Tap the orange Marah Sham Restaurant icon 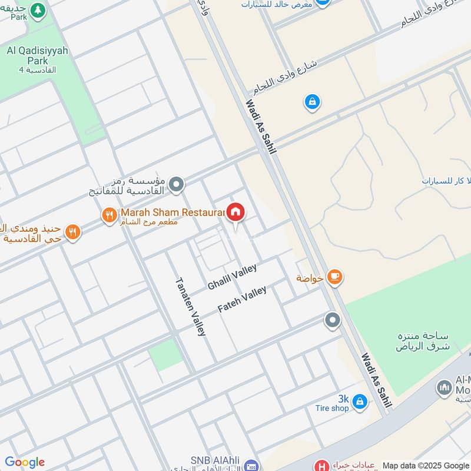(x=109, y=215)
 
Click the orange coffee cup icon (x=334, y=276)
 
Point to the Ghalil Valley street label (x=232, y=277)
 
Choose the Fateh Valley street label (x=242, y=298)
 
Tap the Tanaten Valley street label (x=190, y=306)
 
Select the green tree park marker (x=38, y=11)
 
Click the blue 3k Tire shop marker (x=360, y=402)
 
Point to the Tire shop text (x=331, y=408)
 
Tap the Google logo (x=25, y=462)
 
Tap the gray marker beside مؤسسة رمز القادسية (x=176, y=186)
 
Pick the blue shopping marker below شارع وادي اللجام (x=312, y=102)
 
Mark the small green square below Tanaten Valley (x=165, y=354)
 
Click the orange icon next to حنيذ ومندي (x=72, y=232)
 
